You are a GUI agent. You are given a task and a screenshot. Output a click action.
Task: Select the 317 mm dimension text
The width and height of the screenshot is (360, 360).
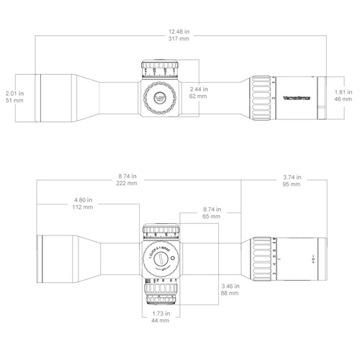[179, 40]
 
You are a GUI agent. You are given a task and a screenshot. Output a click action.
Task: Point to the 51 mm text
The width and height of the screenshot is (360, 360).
[14, 102]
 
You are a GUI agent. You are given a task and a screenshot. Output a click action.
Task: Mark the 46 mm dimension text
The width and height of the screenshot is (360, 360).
[343, 102]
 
